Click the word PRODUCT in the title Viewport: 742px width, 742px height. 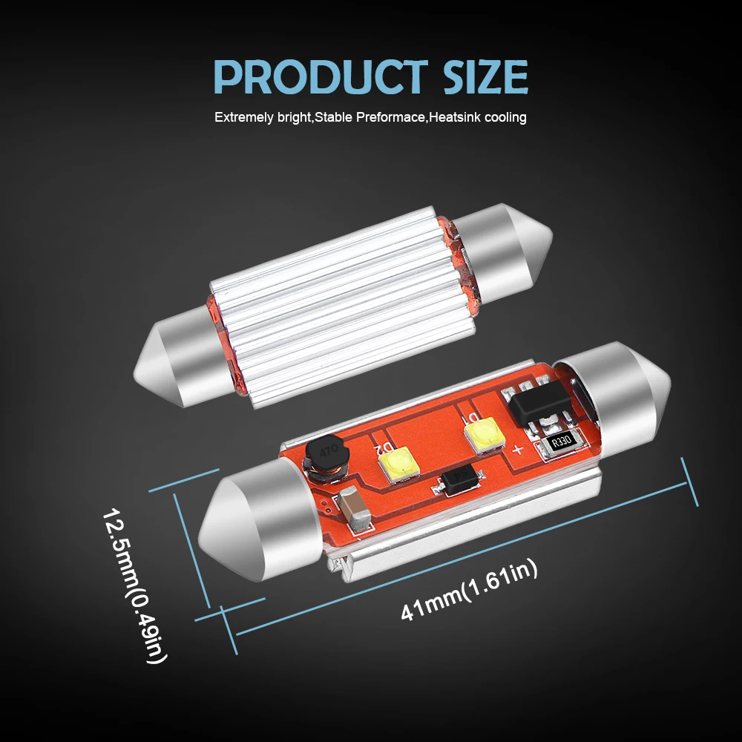321,76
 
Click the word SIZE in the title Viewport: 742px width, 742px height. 485,76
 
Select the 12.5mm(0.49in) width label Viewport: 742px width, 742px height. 135,586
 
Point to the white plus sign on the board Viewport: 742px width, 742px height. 517,450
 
